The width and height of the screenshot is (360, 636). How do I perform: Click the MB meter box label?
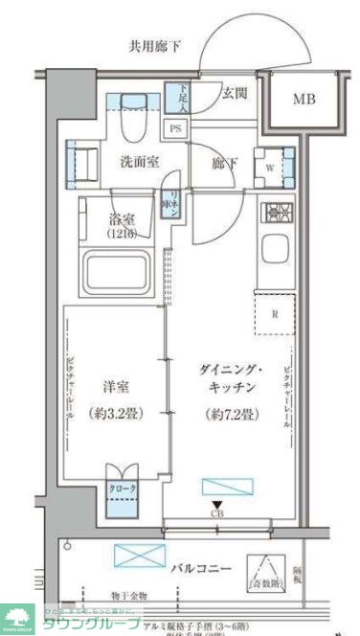click(304, 99)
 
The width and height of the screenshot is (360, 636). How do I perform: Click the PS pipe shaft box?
click(176, 128)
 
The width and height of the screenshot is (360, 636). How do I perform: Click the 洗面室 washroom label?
click(141, 162)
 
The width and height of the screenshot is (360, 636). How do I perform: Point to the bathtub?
click(121, 274)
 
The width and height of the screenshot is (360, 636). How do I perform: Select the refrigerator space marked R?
click(274, 313)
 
